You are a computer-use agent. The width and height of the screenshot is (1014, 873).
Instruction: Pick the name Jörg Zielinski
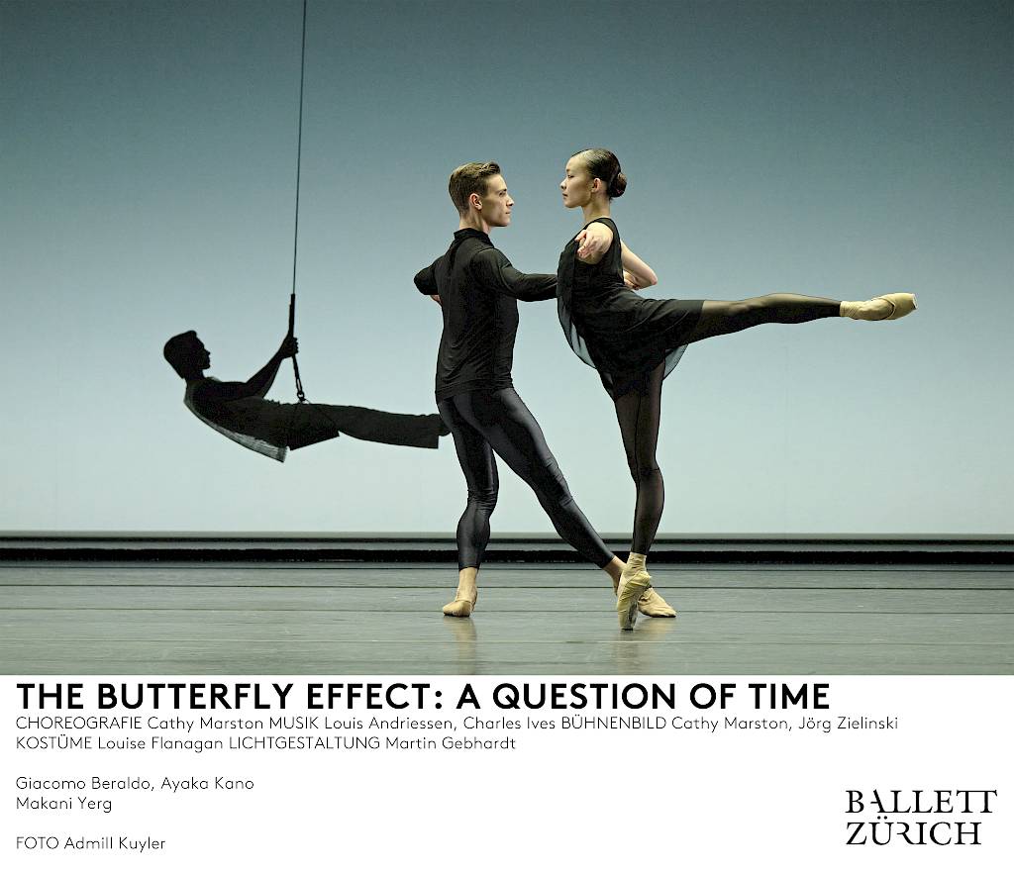(x=848, y=723)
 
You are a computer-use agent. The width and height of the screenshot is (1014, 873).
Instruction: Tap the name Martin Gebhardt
(x=451, y=743)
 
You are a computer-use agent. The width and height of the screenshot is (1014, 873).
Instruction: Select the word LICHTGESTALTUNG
(x=304, y=743)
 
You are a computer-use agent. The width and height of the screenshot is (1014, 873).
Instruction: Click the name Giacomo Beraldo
(x=84, y=783)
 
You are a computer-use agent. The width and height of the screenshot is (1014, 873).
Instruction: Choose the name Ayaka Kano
(x=207, y=783)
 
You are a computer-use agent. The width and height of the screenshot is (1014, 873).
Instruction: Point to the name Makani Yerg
(x=64, y=804)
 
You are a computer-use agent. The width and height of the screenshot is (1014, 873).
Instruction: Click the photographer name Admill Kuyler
(x=115, y=843)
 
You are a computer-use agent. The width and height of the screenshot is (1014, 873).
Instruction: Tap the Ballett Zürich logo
(x=921, y=817)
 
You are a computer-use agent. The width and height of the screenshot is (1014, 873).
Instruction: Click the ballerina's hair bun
(x=617, y=185)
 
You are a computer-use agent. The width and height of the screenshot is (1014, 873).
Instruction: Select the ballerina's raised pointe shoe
(x=878, y=306)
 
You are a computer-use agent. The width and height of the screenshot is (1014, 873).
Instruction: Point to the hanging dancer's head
(x=186, y=354)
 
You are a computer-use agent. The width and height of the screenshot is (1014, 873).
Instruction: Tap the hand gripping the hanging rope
(x=288, y=346)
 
